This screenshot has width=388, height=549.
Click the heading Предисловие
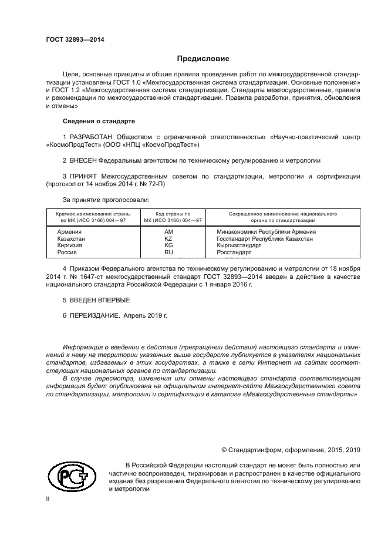click(x=203, y=59)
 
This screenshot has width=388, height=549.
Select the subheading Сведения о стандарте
click(x=99, y=121)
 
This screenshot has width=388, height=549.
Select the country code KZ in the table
click(x=168, y=239)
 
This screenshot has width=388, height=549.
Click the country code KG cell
click(x=168, y=245)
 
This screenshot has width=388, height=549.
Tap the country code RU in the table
click(x=168, y=252)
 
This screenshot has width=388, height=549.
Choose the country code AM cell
click(x=168, y=232)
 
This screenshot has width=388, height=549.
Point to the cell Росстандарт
click(x=234, y=252)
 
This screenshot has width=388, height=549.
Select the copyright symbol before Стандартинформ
click(x=224, y=450)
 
